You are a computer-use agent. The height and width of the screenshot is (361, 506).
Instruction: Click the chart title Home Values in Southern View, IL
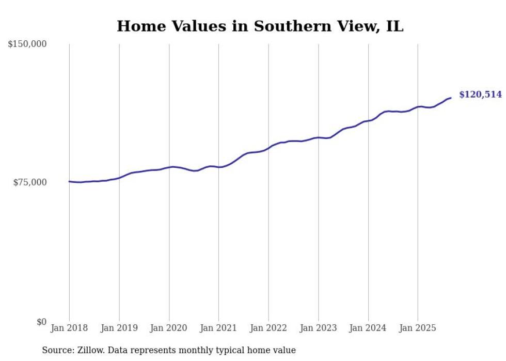(x=260, y=26)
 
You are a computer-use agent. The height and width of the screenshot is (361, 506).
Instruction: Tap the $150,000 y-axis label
(x=27, y=44)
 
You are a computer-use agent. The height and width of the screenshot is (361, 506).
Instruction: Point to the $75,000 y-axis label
(x=29, y=182)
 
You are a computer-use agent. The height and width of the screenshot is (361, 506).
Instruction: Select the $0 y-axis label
(x=41, y=322)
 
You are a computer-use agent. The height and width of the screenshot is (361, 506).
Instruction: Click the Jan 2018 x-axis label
(x=69, y=328)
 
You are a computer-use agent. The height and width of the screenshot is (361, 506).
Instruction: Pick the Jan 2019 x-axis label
(x=119, y=328)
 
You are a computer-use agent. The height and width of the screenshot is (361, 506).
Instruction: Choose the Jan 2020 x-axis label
(x=169, y=328)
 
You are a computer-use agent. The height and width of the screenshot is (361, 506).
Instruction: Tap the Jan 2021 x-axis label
(x=218, y=328)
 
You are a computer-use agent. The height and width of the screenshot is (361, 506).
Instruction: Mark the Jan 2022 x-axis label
(x=268, y=328)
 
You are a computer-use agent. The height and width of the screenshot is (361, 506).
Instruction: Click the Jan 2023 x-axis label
(x=318, y=328)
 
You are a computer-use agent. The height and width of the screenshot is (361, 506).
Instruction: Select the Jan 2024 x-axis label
(x=368, y=328)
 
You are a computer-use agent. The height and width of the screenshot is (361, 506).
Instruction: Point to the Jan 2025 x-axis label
(x=418, y=328)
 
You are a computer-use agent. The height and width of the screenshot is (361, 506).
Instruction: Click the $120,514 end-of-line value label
(x=480, y=95)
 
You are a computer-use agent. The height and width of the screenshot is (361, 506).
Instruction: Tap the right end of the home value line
(x=451, y=98)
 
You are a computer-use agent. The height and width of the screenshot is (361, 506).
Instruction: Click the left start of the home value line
(x=69, y=181)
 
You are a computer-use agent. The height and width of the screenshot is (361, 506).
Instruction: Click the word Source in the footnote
(x=56, y=350)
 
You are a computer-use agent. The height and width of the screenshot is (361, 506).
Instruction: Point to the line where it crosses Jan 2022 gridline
(x=268, y=148)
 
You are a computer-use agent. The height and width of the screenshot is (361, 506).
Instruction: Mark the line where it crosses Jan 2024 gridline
(x=368, y=121)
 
